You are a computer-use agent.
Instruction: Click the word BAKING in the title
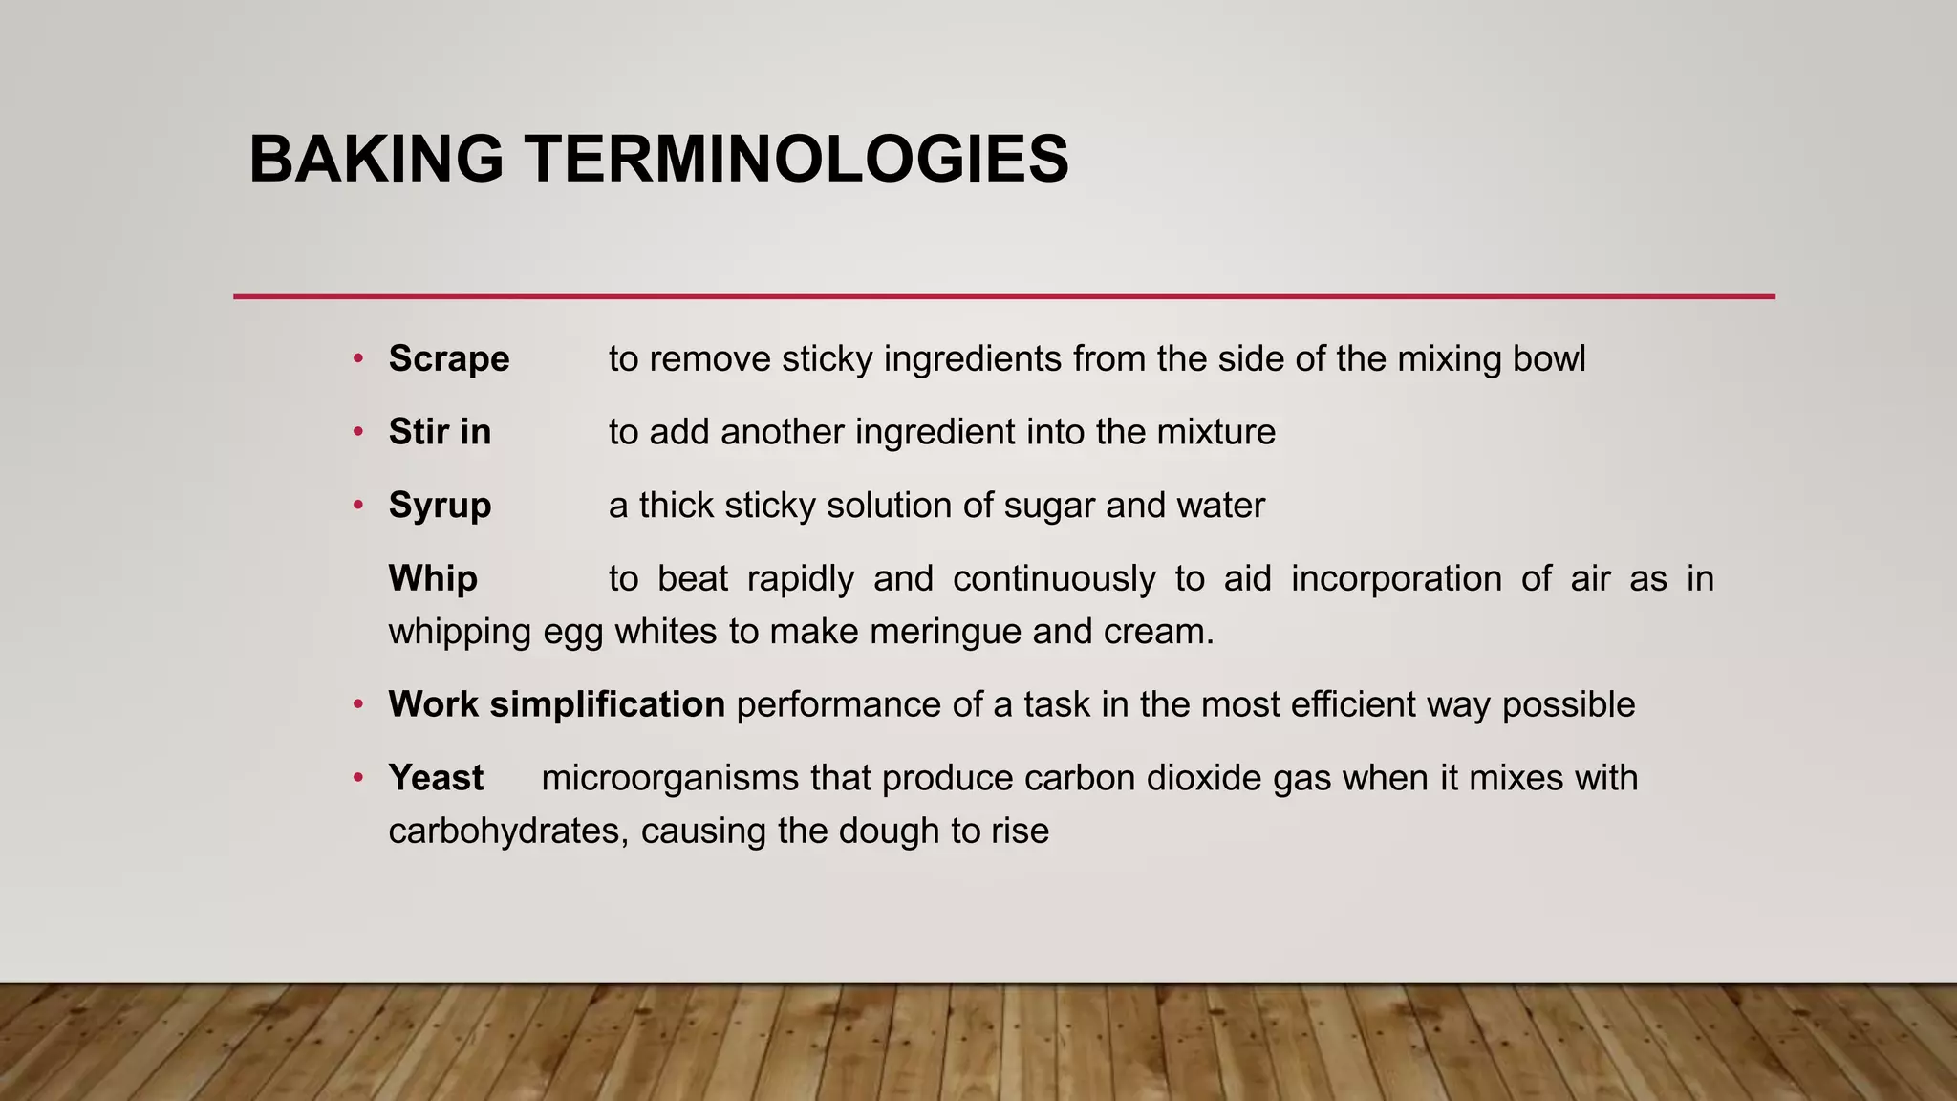pos(376,159)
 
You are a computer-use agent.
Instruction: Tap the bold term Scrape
pos(449,359)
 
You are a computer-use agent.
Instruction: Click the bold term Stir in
pos(440,432)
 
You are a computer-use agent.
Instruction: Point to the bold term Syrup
pos(440,506)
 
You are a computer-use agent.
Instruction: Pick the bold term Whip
pos(433,579)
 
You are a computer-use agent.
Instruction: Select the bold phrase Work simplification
pos(556,704)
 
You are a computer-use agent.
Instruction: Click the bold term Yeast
pos(436,778)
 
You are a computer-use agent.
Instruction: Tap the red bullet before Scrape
pos(358,358)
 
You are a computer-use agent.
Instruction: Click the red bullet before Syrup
pos(358,505)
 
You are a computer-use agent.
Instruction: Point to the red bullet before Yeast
pos(358,777)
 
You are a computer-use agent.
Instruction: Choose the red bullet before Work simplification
pos(358,704)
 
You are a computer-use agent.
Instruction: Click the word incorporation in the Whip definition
pos(1396,579)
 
